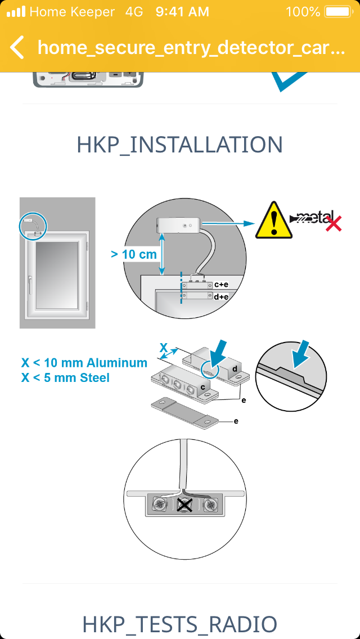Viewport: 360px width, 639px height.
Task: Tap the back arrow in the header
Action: coord(17,47)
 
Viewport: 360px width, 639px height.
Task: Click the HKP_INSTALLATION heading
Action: coord(180,145)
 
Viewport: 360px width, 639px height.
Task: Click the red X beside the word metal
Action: coord(333,224)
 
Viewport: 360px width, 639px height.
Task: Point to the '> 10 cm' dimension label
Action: coord(134,254)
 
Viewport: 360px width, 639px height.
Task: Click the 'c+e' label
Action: coord(220,285)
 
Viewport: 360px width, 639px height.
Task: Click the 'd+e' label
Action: coord(220,297)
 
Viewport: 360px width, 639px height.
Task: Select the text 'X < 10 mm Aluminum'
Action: coord(84,363)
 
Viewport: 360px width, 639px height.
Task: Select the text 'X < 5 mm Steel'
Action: coord(65,378)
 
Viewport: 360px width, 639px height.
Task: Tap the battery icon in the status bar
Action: coord(339,12)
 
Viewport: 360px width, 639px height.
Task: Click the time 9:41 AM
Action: coord(182,12)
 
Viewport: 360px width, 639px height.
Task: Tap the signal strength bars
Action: coord(16,12)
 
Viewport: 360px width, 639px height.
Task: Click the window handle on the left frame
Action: coord(30,284)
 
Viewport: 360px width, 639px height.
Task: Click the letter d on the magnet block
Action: coord(235,369)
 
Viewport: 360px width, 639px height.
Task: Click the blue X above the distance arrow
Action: coord(164,347)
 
